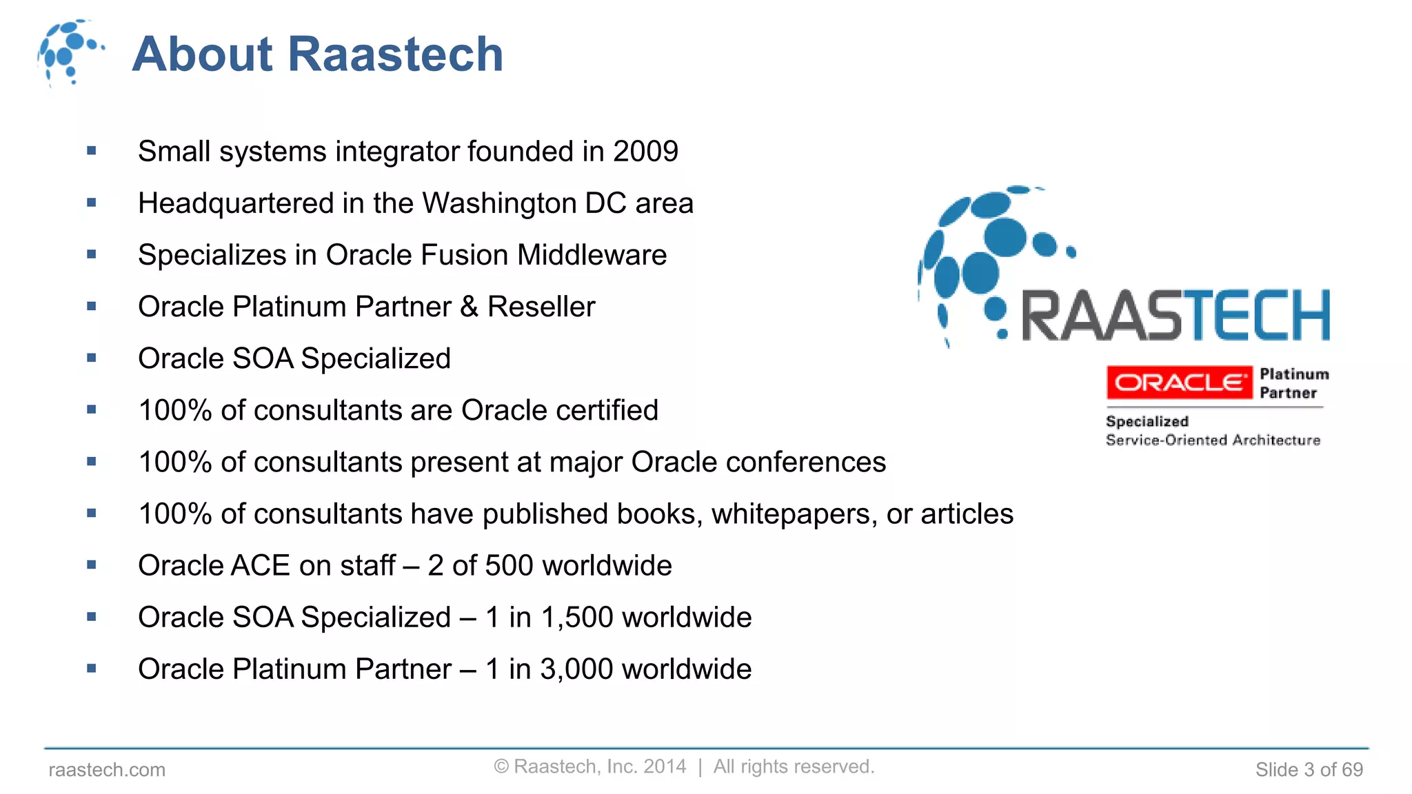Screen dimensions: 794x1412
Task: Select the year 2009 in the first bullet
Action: [645, 152]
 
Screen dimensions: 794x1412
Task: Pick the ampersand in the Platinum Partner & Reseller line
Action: [469, 307]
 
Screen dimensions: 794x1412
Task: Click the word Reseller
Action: [541, 307]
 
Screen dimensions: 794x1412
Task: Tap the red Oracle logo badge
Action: [1179, 383]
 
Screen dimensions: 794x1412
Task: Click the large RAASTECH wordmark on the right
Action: [1175, 316]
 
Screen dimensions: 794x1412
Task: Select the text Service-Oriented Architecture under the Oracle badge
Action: [1213, 440]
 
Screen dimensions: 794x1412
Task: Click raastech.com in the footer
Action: [107, 770]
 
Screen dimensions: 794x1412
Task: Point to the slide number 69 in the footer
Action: [1352, 770]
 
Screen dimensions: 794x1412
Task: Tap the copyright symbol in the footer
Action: [501, 767]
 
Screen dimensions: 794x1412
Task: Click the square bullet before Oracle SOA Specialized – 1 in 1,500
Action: [92, 617]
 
